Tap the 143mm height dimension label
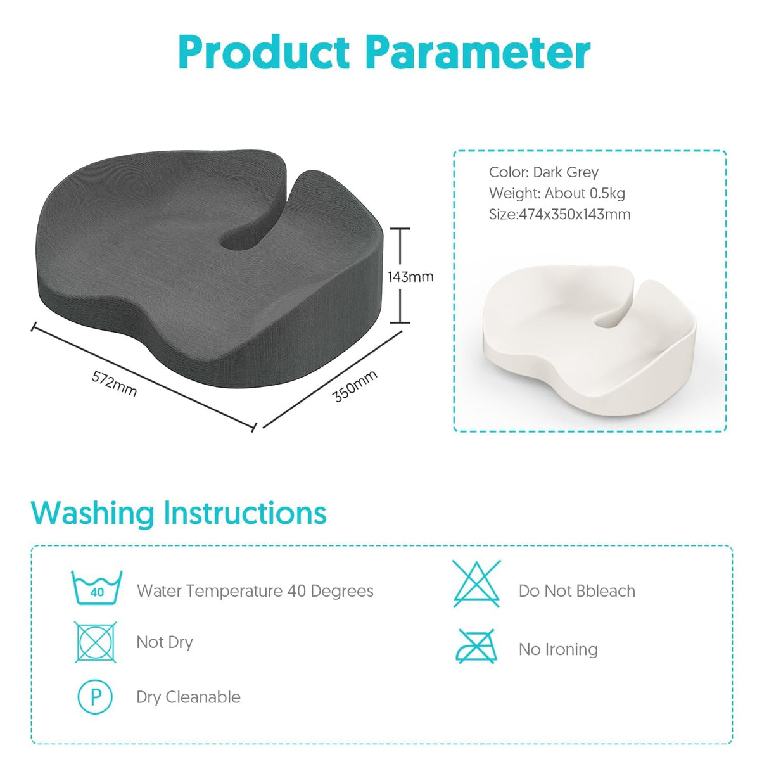pyautogui.click(x=410, y=277)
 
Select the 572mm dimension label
pyautogui.click(x=114, y=384)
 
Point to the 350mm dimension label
pyautogui.click(x=355, y=386)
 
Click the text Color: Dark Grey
pyautogui.click(x=543, y=172)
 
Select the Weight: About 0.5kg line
pyautogui.click(x=557, y=193)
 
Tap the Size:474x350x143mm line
pyautogui.click(x=559, y=214)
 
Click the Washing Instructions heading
pyautogui.click(x=179, y=513)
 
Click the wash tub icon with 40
pyautogui.click(x=96, y=588)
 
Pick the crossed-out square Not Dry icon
pyautogui.click(x=96, y=642)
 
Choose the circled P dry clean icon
pyautogui.click(x=96, y=697)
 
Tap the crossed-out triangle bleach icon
pyautogui.click(x=477, y=584)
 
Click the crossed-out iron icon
pyautogui.click(x=477, y=647)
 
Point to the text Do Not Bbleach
pyautogui.click(x=576, y=591)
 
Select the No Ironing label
pyautogui.click(x=558, y=649)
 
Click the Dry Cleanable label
pyautogui.click(x=188, y=697)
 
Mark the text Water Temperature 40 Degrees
pyautogui.click(x=255, y=591)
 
